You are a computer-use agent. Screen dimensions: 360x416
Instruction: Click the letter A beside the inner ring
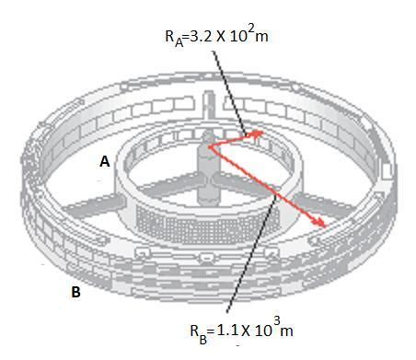[105, 160]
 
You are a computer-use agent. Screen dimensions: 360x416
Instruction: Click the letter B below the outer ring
[76, 293]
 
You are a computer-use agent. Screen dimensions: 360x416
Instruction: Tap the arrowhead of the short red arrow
[260, 134]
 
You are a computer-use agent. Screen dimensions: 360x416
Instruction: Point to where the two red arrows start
[210, 145]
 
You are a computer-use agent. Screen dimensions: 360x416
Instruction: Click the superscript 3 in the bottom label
[279, 319]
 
